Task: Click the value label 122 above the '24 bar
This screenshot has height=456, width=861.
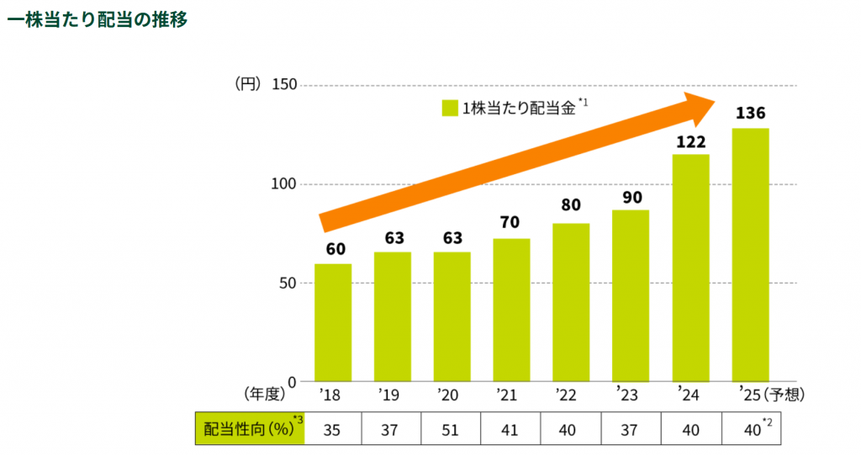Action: tap(690, 141)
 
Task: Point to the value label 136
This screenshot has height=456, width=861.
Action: tap(750, 113)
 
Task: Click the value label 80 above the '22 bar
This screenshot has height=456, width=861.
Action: tap(571, 204)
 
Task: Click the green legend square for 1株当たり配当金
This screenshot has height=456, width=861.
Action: tap(449, 108)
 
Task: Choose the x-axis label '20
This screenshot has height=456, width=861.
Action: tap(450, 393)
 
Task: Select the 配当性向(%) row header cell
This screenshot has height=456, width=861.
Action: tap(249, 428)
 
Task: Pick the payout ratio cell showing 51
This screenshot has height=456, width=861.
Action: tap(451, 428)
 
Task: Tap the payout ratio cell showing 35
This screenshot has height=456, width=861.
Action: tap(332, 428)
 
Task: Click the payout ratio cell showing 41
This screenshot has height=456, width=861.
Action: tap(510, 428)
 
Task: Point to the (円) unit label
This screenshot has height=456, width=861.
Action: tap(249, 84)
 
